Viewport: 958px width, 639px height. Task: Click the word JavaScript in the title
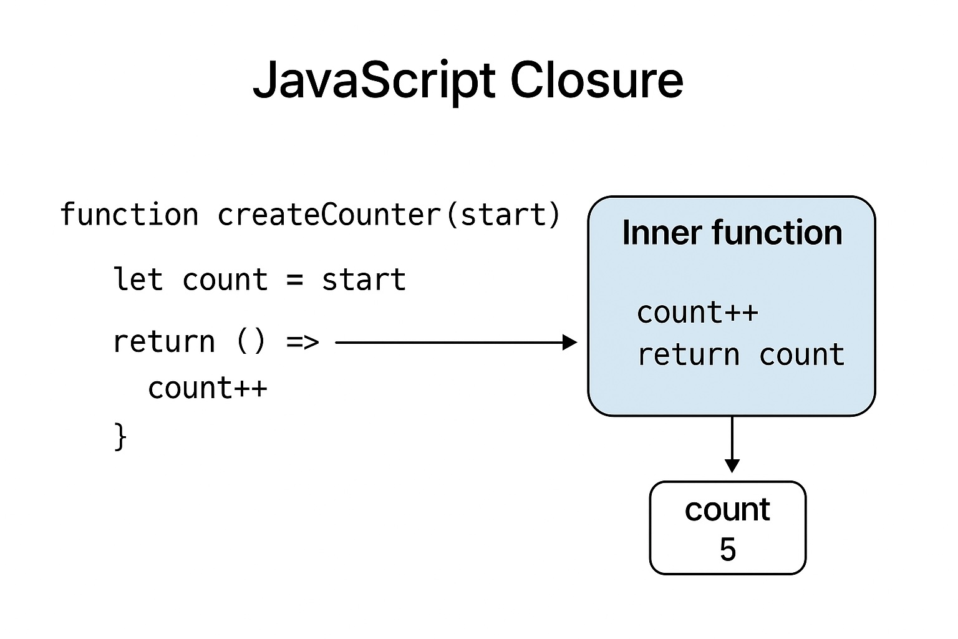[x=374, y=81]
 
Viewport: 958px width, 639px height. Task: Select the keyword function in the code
[x=129, y=215]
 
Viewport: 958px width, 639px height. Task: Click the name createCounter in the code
[x=329, y=215]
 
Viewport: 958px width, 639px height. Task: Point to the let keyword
[x=138, y=279]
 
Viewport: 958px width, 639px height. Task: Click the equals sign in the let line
[x=295, y=280]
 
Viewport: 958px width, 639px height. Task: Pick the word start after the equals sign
[x=364, y=279]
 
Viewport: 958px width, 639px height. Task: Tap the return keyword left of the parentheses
[x=163, y=341]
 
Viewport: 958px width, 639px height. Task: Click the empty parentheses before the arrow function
[x=251, y=341]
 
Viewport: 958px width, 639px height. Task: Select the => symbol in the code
[x=302, y=342]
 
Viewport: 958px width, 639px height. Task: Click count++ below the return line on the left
[x=208, y=388]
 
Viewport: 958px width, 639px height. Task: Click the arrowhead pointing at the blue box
[x=570, y=342]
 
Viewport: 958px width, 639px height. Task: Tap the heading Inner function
[x=732, y=233]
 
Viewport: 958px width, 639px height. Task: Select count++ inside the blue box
[x=697, y=312]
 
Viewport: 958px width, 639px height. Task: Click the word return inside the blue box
[x=688, y=354]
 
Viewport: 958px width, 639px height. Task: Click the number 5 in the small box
[x=728, y=549]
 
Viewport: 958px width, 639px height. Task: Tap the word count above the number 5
[x=727, y=510]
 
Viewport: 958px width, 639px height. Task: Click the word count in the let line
[x=225, y=280]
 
